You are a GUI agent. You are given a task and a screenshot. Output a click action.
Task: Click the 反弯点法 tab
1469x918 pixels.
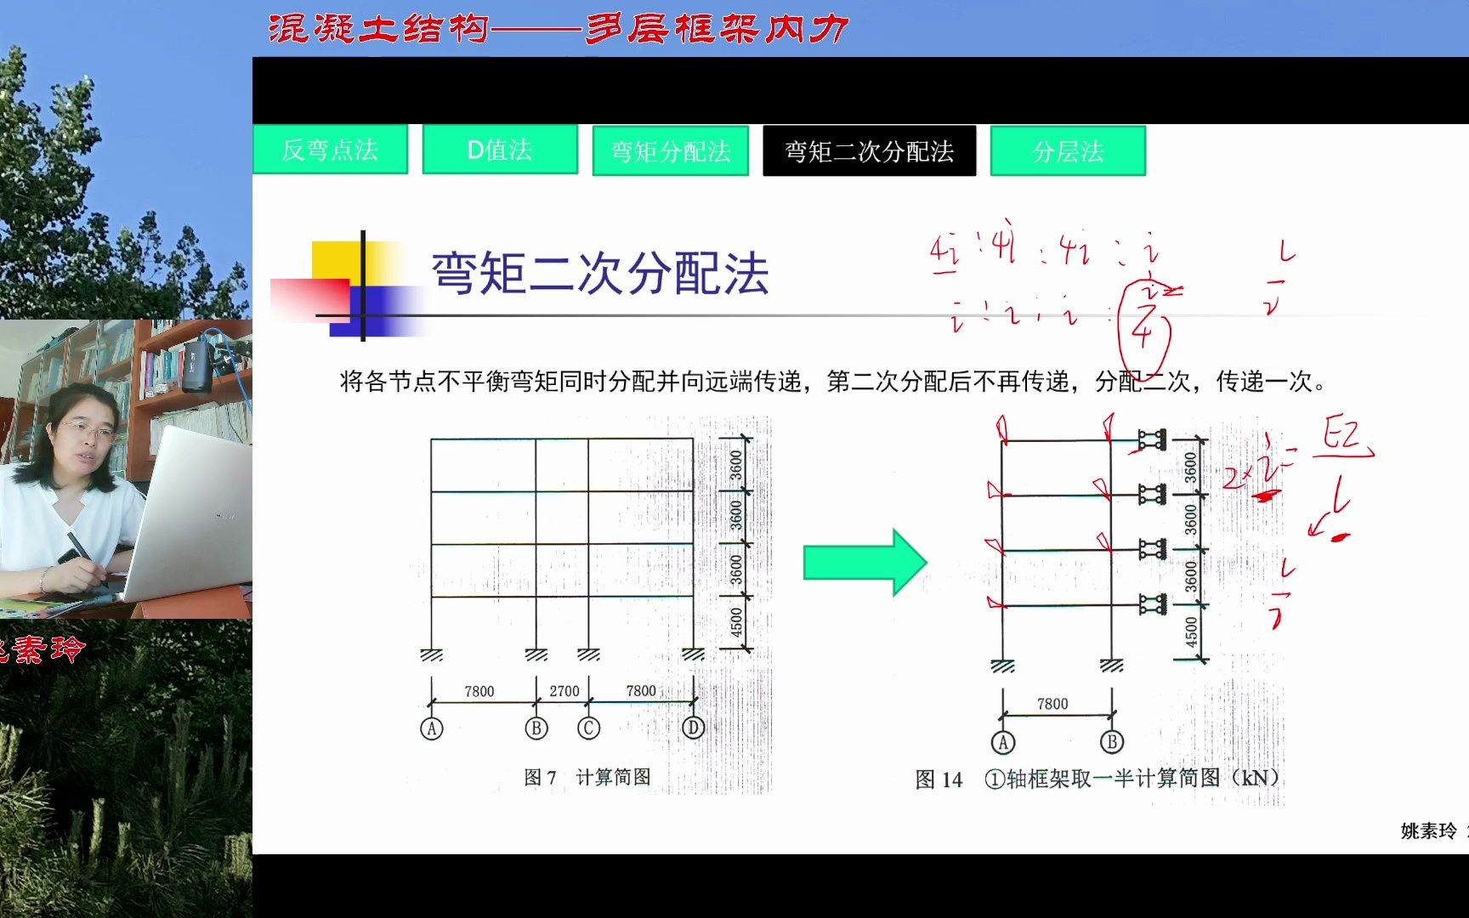[x=330, y=150]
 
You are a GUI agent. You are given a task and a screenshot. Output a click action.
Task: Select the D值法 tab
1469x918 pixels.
[x=500, y=150]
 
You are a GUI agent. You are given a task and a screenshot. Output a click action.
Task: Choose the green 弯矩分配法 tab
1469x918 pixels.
[x=670, y=151]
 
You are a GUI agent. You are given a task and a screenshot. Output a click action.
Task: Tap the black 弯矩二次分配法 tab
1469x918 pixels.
[x=869, y=151]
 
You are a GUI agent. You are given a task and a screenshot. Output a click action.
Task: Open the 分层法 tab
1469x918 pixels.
[x=1068, y=151]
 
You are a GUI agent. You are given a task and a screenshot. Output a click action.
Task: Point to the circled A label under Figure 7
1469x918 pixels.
[x=432, y=728]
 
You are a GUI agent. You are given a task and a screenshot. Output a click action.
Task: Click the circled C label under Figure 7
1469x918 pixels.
[x=588, y=728]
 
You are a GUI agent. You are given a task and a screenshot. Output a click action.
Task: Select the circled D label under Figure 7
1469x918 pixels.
[x=694, y=728]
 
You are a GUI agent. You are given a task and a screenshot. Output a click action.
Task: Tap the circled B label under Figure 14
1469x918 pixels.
[x=1111, y=742]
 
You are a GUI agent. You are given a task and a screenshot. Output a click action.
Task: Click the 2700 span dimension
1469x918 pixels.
[x=564, y=691]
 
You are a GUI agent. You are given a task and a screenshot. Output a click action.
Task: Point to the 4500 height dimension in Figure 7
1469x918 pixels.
[x=736, y=623]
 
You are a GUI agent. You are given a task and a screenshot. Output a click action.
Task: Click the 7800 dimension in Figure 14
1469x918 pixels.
[x=1052, y=704]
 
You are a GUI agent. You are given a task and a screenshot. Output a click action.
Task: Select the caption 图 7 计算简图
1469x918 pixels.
[x=587, y=777]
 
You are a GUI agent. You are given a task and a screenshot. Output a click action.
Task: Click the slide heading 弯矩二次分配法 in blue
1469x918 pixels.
[x=600, y=274]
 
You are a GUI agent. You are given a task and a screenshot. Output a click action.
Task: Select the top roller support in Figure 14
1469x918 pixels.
[x=1153, y=439]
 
